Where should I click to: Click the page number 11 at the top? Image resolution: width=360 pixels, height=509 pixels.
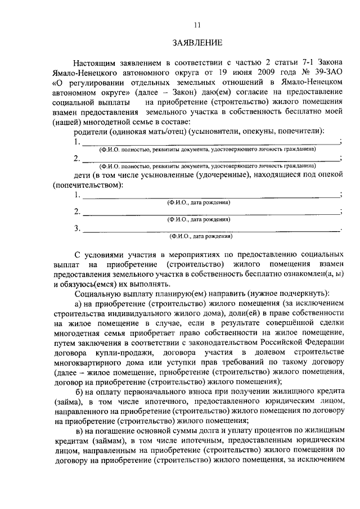pos(196,25)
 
